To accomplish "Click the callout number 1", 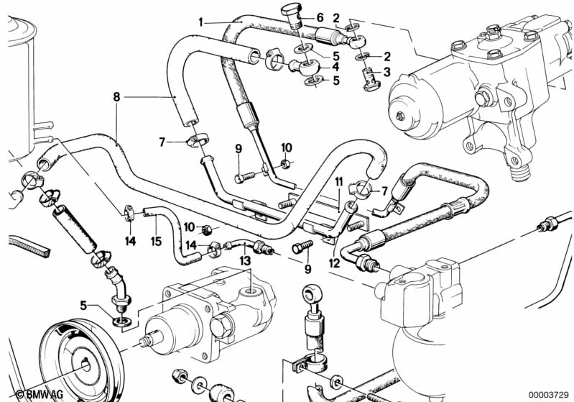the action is (x=200, y=23).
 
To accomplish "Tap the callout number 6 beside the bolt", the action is (x=320, y=17).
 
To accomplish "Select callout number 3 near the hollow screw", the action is (x=387, y=72).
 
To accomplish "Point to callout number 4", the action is (x=335, y=67).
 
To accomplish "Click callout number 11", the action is (x=339, y=182).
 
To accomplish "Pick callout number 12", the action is (x=334, y=263).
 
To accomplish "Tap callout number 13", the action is (x=245, y=261).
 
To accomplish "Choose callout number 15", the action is (x=156, y=241).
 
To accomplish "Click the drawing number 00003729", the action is (x=548, y=394).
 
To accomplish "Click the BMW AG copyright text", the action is (x=40, y=394).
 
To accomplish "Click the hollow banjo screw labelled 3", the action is (x=370, y=77).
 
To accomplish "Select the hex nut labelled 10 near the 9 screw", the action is (x=285, y=163).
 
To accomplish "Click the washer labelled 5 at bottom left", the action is (x=121, y=322).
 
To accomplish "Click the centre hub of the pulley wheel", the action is (x=85, y=366).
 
